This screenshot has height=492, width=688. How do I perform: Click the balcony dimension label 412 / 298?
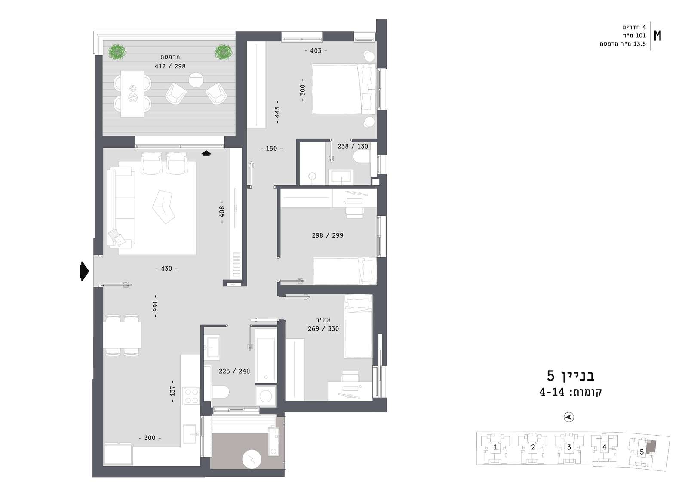click(170, 66)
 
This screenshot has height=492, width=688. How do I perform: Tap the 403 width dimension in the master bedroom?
click(316, 51)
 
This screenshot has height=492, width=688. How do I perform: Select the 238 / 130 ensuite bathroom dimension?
click(353, 146)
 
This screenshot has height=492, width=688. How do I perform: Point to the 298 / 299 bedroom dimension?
click(327, 235)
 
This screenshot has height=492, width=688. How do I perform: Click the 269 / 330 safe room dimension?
click(323, 329)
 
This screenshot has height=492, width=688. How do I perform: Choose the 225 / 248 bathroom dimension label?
click(234, 371)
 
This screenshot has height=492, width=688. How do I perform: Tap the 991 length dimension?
click(155, 306)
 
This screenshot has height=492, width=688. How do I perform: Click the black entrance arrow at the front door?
click(84, 271)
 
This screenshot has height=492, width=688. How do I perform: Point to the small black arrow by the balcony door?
click(206, 153)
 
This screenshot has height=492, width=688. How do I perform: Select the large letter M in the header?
click(657, 36)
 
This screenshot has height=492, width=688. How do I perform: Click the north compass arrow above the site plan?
click(569, 417)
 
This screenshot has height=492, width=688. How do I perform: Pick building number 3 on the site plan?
click(569, 447)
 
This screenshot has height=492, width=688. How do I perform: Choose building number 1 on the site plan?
click(495, 447)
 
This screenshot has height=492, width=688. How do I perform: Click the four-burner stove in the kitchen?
click(191, 396)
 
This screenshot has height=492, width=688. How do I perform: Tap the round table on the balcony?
click(196, 80)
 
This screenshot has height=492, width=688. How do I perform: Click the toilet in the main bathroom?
click(220, 392)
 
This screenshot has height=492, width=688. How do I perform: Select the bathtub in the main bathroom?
click(266, 360)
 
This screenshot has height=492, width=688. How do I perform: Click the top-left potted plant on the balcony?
click(117, 52)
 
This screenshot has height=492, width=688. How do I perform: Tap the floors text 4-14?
click(552, 392)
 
